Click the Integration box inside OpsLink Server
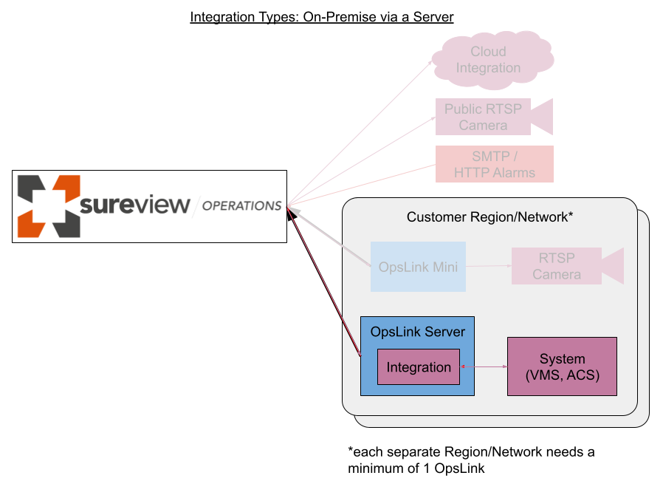click(x=419, y=367)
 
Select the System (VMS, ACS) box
click(x=562, y=367)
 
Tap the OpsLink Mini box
click(x=418, y=267)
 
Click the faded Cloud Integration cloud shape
click(x=489, y=60)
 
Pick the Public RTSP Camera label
click(x=483, y=117)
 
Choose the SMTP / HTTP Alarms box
click(x=494, y=164)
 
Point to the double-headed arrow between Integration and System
click(x=484, y=366)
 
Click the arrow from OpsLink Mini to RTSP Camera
click(x=489, y=266)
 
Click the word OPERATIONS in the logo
click(x=241, y=206)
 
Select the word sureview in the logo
click(x=134, y=205)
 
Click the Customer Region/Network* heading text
click(x=489, y=217)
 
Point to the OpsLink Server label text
click(x=417, y=332)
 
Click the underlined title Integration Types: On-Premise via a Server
click(x=321, y=17)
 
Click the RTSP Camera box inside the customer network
click(x=557, y=266)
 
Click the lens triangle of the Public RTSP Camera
click(x=543, y=117)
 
